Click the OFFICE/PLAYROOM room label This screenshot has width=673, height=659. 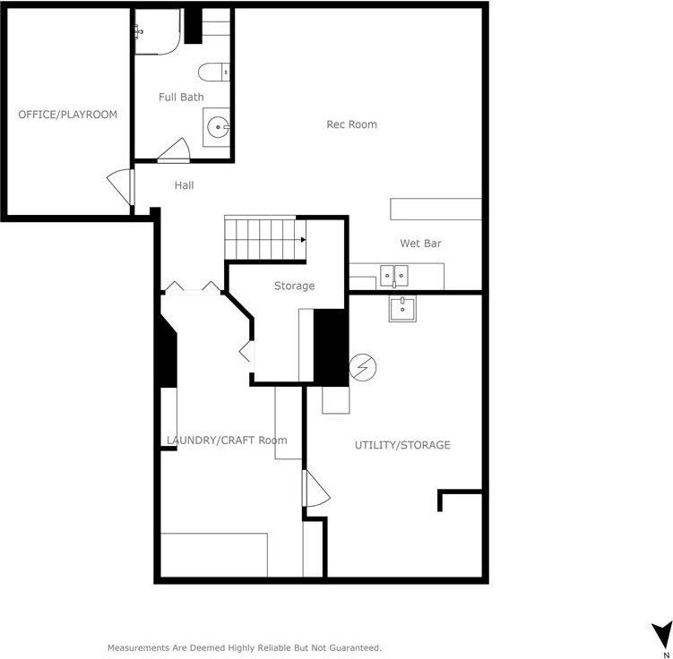click(68, 115)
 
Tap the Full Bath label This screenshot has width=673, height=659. click(181, 97)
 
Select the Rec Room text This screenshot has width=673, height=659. click(351, 124)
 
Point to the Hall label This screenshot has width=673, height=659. click(184, 185)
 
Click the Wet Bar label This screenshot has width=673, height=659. click(420, 244)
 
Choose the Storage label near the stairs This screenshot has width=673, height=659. click(294, 286)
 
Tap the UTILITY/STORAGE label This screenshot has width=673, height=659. click(402, 445)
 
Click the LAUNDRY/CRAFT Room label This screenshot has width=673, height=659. click(227, 440)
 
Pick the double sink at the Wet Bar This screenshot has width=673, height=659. click(394, 275)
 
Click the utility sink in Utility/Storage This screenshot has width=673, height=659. click(402, 309)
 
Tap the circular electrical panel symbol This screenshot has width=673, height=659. click(363, 366)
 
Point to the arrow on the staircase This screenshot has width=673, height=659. click(303, 240)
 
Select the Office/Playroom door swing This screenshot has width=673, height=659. click(119, 187)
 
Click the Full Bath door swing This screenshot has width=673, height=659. click(174, 150)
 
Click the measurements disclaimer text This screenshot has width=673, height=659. click(245, 647)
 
